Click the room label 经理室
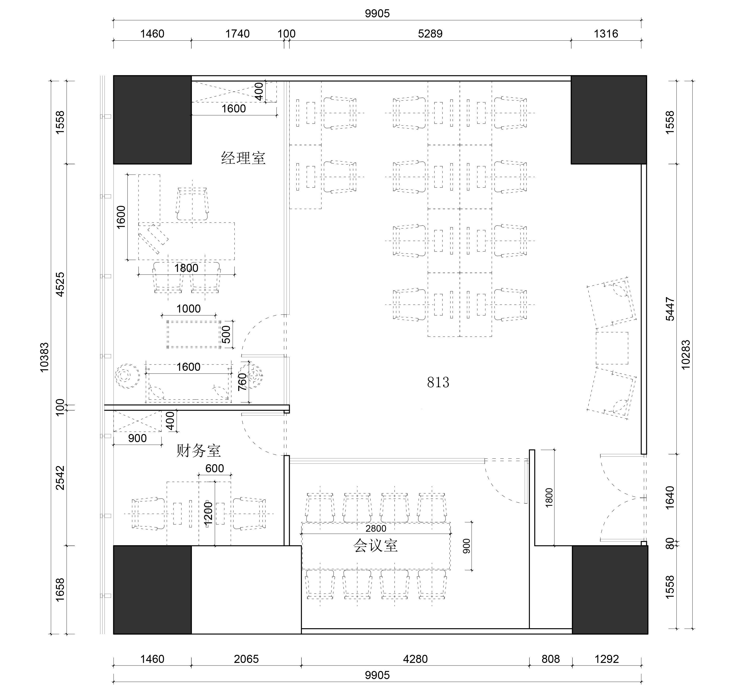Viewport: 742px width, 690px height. tap(243, 158)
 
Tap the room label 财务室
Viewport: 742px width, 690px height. tap(199, 451)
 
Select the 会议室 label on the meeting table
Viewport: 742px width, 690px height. tap(375, 545)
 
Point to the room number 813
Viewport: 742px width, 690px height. tap(438, 382)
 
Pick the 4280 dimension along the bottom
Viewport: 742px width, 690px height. tap(415, 659)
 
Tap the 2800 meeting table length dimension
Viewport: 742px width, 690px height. tap(376, 528)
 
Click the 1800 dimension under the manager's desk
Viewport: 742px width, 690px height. tap(186, 268)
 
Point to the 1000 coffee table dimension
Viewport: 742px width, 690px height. tap(189, 309)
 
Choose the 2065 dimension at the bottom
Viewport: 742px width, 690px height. tap(246, 659)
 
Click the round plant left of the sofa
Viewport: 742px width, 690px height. tap(127, 376)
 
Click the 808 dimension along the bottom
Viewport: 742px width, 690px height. tap(551, 659)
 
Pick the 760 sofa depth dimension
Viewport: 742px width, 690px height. tap(242, 382)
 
